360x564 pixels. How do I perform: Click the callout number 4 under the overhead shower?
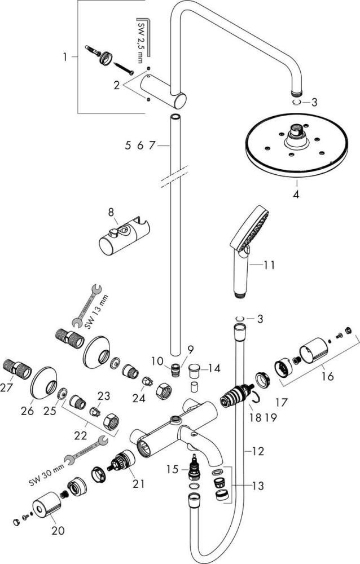(296, 195)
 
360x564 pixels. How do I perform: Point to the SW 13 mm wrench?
(87, 306)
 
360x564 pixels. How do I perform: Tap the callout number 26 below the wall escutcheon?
(27, 411)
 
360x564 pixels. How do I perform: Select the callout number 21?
(139, 484)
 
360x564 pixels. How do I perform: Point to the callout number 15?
(173, 469)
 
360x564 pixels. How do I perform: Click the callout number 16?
(328, 377)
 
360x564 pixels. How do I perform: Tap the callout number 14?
(214, 368)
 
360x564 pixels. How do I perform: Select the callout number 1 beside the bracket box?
(65, 57)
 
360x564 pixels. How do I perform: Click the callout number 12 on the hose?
(258, 451)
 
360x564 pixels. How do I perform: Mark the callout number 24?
(139, 398)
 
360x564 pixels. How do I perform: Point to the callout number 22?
(81, 435)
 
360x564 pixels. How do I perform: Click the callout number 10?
(157, 361)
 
